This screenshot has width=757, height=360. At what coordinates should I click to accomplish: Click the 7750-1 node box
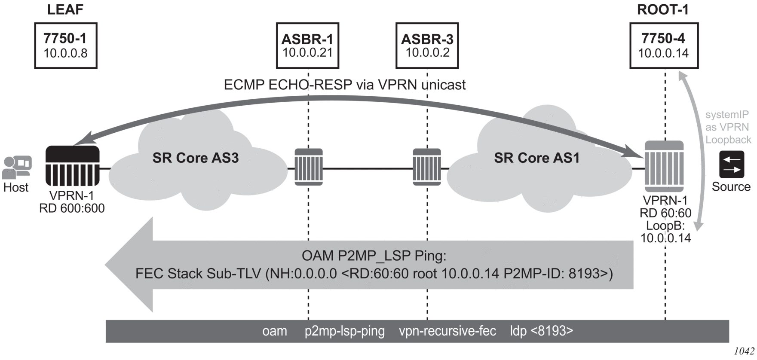65,46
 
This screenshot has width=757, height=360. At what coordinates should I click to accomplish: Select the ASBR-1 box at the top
307,46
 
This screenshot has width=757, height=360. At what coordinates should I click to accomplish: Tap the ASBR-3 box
427,46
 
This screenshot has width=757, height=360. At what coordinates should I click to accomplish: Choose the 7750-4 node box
663,46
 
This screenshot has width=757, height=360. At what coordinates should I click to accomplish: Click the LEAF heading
65,10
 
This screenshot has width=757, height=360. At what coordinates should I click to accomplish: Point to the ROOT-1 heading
662,10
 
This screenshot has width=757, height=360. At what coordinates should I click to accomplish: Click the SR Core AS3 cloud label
195,158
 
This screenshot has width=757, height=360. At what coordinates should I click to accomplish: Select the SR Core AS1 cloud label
536,158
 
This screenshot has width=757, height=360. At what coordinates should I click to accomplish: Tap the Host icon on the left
17,168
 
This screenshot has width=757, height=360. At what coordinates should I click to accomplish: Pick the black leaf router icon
72,166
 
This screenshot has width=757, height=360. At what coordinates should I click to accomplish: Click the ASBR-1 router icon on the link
309,167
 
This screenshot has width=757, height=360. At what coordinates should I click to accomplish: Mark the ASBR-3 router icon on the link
427,167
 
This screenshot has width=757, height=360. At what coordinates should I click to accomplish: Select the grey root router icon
664,167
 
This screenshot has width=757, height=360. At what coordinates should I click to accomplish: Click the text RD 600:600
72,208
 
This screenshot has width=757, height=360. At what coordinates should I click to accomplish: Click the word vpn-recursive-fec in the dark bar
447,331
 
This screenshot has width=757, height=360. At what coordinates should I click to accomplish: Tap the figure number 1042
745,351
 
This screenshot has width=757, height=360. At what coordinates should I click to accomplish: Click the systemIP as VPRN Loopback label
728,127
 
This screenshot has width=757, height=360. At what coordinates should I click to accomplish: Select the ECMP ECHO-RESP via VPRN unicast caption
344,85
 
